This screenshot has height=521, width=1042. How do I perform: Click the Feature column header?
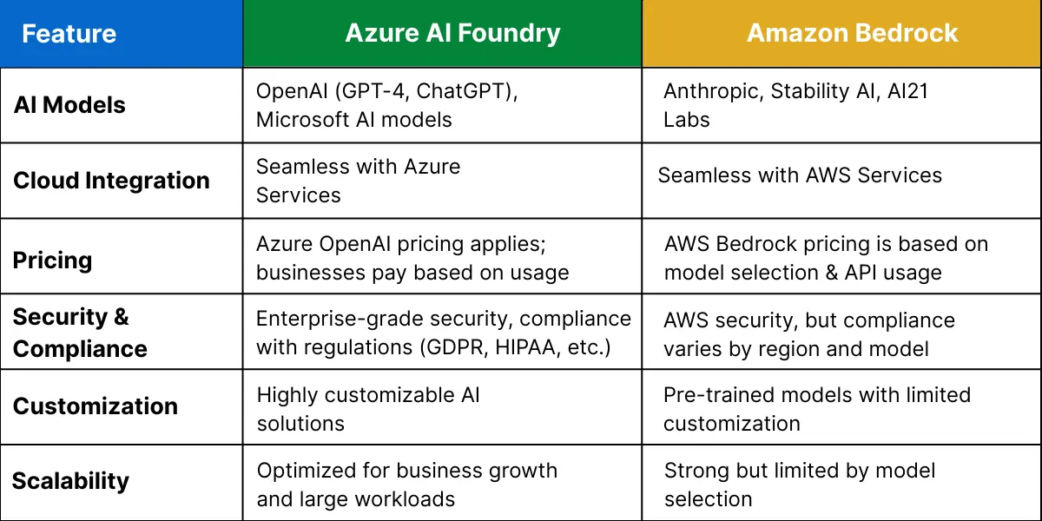click(x=69, y=34)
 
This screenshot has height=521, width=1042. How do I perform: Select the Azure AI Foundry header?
click(x=452, y=33)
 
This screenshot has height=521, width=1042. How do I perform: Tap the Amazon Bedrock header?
click(x=852, y=33)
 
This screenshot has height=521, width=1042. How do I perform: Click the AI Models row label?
click(x=69, y=105)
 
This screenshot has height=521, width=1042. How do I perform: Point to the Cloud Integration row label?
click(x=112, y=181)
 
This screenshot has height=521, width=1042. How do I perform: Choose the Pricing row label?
click(x=53, y=260)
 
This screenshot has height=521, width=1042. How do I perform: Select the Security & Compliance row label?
click(x=80, y=333)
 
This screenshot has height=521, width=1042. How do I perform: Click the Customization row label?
click(x=96, y=406)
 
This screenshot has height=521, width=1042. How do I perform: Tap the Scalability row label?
click(x=70, y=481)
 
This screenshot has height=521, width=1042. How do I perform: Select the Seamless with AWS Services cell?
click(x=800, y=175)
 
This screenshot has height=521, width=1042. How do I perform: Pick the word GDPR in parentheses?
click(x=453, y=347)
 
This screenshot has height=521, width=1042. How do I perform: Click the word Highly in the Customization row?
click(x=287, y=395)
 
